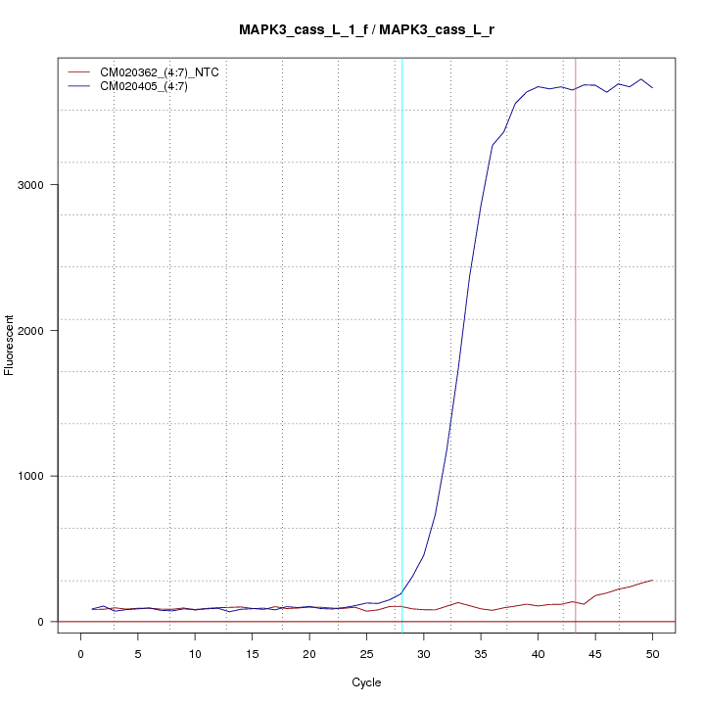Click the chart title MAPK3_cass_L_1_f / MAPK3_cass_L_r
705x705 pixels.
pos(366,29)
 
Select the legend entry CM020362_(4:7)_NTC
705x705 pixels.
pos(165,72)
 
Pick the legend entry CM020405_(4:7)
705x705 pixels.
pos(151,86)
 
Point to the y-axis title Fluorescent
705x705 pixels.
pos(11,345)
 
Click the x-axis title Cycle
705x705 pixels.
pos(366,682)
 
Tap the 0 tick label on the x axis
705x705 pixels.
pos(81,653)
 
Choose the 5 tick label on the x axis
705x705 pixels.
pos(138,653)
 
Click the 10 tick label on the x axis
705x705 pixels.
pos(195,653)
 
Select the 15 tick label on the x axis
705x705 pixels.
pos(253,653)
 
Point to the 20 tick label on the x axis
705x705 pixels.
pos(309,653)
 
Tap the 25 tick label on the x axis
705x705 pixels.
pos(366,653)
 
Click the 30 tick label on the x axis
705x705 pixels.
pos(424,653)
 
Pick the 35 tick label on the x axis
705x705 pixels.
pos(481,653)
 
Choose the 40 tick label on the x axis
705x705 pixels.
pos(538,653)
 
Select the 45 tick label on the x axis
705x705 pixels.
pos(595,653)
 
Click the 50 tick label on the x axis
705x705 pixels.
pos(652,653)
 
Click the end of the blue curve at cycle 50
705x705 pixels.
pos(652,88)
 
